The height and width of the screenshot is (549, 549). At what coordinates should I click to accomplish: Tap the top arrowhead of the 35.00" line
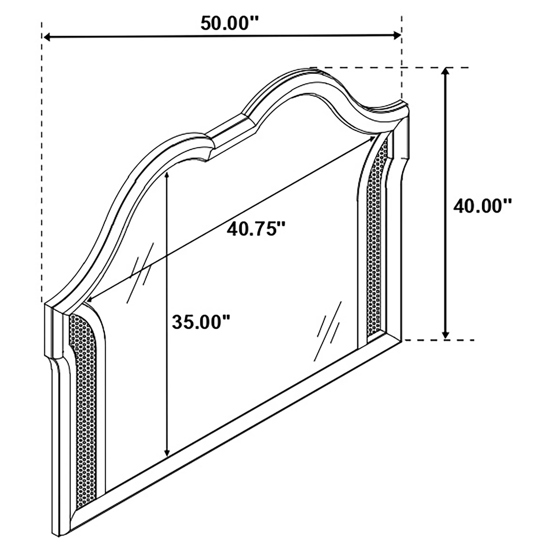point(167,175)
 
